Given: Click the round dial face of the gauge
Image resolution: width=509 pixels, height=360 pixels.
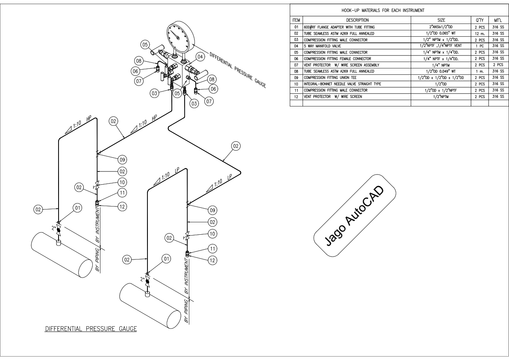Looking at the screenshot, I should [177, 37].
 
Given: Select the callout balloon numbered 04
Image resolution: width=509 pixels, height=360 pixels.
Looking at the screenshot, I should [200, 56].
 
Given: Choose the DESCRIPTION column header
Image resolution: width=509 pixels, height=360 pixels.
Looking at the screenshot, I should [356, 20].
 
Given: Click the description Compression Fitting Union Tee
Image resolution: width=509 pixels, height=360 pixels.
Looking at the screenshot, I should [333, 77].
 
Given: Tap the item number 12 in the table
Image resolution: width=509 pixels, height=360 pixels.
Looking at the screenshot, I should [296, 97].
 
